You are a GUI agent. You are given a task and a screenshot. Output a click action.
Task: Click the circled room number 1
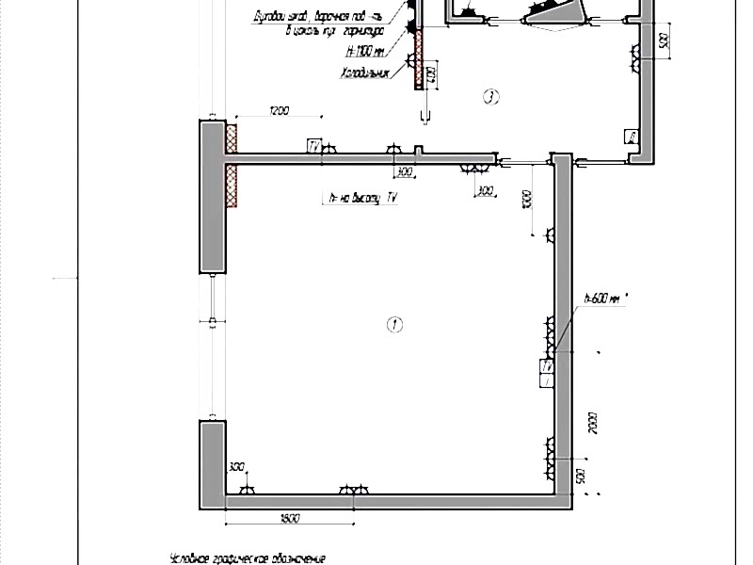tap(395, 325)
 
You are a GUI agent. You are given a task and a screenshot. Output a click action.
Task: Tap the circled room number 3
tap(489, 95)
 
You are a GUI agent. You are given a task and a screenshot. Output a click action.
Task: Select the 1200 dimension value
tap(279, 112)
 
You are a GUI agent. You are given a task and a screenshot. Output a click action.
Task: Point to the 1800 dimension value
tap(290, 519)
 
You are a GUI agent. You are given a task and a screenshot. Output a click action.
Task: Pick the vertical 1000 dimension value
tap(528, 200)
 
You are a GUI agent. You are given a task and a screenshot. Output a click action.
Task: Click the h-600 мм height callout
tap(602, 299)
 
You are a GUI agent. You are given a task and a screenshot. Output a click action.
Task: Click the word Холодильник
tap(365, 72)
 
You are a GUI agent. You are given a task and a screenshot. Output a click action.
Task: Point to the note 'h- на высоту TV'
tap(358, 199)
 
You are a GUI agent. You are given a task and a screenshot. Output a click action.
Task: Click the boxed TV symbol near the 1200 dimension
tap(313, 146)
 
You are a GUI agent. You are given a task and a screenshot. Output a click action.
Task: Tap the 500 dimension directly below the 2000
tap(581, 473)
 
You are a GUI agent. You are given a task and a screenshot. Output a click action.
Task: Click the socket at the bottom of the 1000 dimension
tap(549, 235)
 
